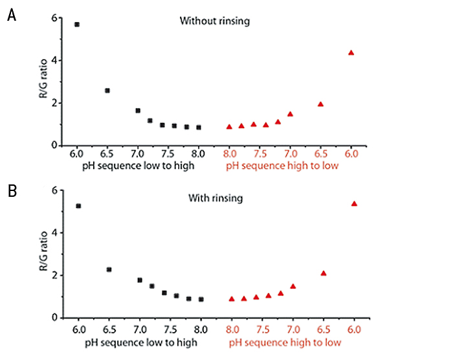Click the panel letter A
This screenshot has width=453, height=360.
coord(11,16)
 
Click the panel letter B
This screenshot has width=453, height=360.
coord(11,192)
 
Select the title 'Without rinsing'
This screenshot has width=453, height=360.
coord(215,21)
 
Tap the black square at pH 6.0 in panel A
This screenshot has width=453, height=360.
coord(77,25)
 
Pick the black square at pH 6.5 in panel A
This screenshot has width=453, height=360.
coord(107,91)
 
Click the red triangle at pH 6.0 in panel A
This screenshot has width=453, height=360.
coord(351,52)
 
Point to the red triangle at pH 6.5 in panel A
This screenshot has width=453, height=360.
coord(320,104)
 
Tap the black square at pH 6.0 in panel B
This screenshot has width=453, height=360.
coord(78,206)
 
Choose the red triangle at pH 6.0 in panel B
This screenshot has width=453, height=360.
coord(354,203)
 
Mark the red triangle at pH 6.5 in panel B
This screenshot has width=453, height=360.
coord(324,273)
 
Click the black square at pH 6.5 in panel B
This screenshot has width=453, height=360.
coord(109,269)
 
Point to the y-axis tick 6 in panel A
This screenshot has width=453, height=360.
coord(54,18)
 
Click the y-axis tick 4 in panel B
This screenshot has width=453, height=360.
coord(54,232)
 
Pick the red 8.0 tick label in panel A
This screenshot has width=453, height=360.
coord(229,155)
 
